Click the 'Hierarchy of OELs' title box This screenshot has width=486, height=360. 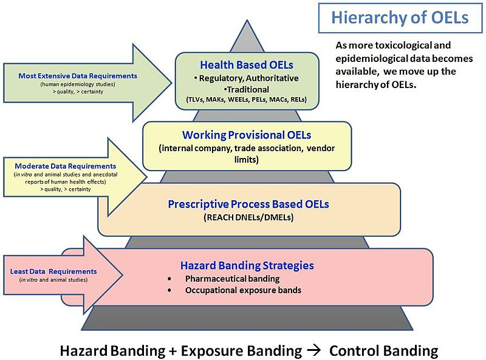coord(400,18)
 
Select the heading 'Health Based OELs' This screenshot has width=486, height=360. coord(247,64)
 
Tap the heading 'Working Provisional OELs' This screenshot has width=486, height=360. coord(247,135)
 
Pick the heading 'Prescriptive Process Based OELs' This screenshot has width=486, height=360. coord(248,204)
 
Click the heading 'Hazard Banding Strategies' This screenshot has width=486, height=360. coord(247,265)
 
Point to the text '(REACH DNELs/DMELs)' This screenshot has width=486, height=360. coord(248,217)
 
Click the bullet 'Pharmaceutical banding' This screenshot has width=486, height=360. coord(233,279)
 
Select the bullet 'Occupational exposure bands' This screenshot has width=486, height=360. coord(243,290)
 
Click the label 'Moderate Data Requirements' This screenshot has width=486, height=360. coord(65,166)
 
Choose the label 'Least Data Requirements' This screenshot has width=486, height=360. coord(53,271)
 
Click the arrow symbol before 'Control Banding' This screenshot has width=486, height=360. coord(315,350)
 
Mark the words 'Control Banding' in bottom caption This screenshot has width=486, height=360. coord(383,350)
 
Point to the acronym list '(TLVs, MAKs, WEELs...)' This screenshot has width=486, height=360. coord(247,99)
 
